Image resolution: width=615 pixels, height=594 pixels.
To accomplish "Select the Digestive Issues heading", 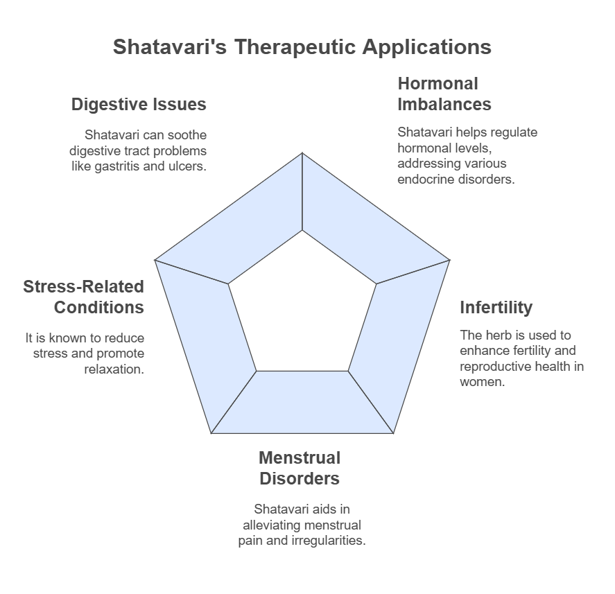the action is (139, 104).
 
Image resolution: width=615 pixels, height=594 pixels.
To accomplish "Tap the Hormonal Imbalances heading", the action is (444, 94).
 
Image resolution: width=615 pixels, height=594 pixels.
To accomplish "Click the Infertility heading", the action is (496, 307).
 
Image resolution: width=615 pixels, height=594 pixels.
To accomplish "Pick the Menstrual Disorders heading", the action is (300, 468).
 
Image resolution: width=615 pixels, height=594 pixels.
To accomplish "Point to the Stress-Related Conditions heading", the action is (83, 297).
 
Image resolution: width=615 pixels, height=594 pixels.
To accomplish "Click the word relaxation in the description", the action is (114, 369).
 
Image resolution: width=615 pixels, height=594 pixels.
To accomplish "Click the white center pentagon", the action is (302, 308).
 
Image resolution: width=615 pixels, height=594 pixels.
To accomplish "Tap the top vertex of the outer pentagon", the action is (302, 152).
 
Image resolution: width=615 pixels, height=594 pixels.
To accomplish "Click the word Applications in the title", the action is (426, 47).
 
